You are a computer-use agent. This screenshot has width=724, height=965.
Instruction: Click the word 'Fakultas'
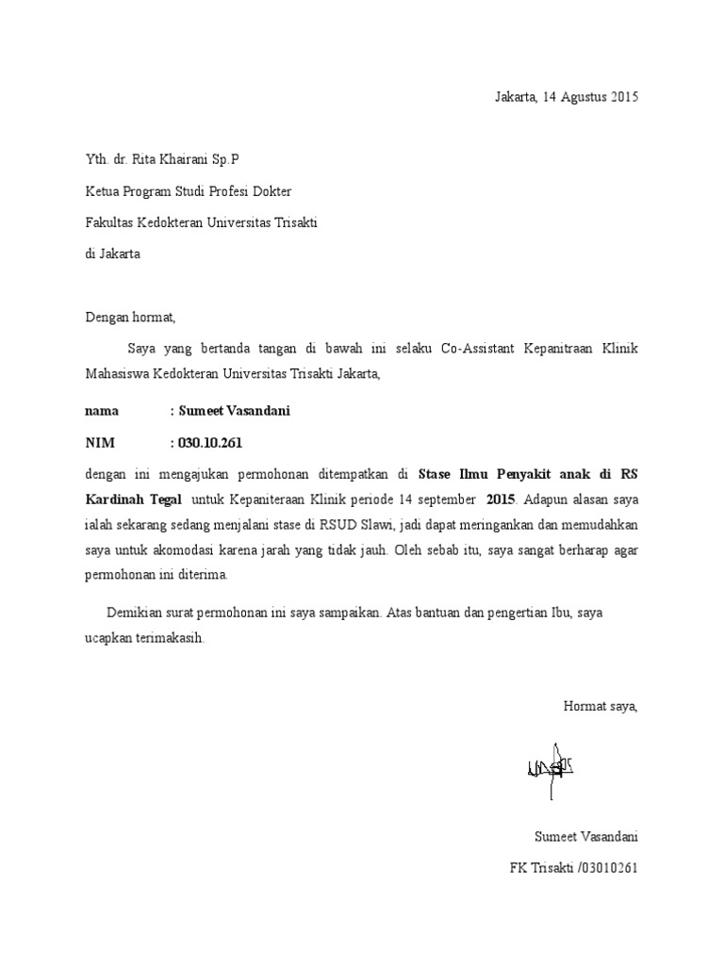point(107,222)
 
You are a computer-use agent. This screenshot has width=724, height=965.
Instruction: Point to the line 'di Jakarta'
point(112,254)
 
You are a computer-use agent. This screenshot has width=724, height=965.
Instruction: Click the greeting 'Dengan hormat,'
point(130,317)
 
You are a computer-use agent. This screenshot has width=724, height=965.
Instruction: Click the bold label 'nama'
point(102,411)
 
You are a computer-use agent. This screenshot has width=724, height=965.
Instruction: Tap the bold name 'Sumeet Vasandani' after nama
point(230,411)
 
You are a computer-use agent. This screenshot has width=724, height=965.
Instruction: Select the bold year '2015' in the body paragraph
point(502,499)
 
